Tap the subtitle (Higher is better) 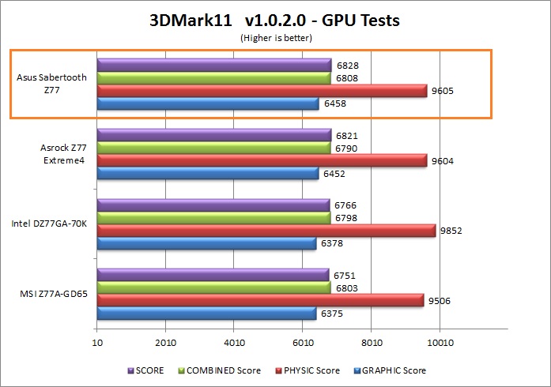274,36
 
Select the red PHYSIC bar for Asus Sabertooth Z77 262,91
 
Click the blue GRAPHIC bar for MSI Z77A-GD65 206,314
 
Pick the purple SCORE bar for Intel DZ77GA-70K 213,205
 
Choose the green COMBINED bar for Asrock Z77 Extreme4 213,148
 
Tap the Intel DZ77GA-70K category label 49,224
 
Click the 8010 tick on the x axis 371,343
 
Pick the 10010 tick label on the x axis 440,343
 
